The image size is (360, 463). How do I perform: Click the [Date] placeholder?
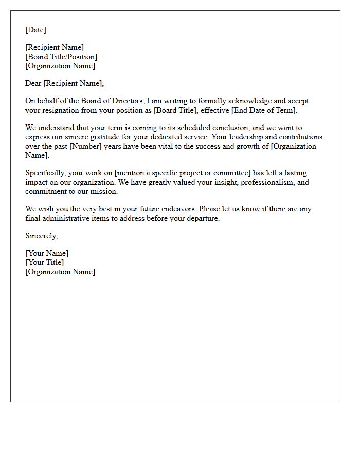35,30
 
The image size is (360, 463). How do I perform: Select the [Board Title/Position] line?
61,57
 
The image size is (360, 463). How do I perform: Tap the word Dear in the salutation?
33,83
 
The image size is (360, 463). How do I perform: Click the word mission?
105,191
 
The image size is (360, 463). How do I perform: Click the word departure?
202,218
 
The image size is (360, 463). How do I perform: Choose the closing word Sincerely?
41,236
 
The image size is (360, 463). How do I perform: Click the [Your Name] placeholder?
47,253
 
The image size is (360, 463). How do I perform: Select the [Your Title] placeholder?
45,262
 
